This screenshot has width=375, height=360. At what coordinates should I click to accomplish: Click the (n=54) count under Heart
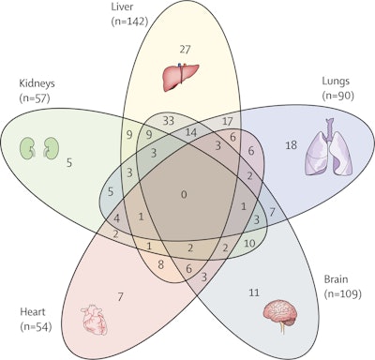coord(36,326)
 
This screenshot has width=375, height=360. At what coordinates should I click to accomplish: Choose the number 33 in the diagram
coord(170,121)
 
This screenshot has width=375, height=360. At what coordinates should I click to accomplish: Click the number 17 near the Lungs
coord(227,121)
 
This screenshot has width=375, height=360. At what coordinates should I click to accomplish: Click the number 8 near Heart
coord(161,265)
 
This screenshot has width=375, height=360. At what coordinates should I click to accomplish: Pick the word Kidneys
coord(37,82)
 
